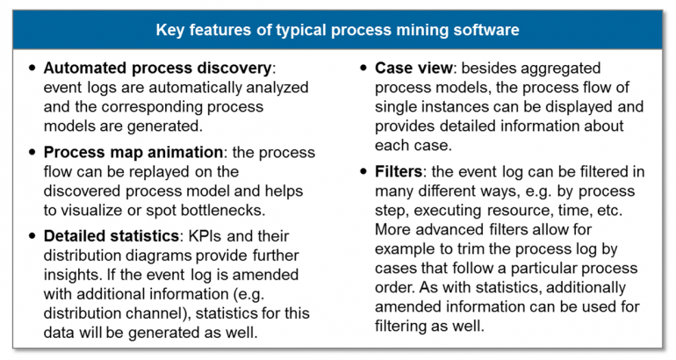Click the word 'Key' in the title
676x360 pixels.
click(171, 30)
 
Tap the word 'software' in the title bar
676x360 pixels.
click(487, 30)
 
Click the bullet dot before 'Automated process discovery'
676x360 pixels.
click(33, 68)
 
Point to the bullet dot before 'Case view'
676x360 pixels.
click(363, 68)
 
